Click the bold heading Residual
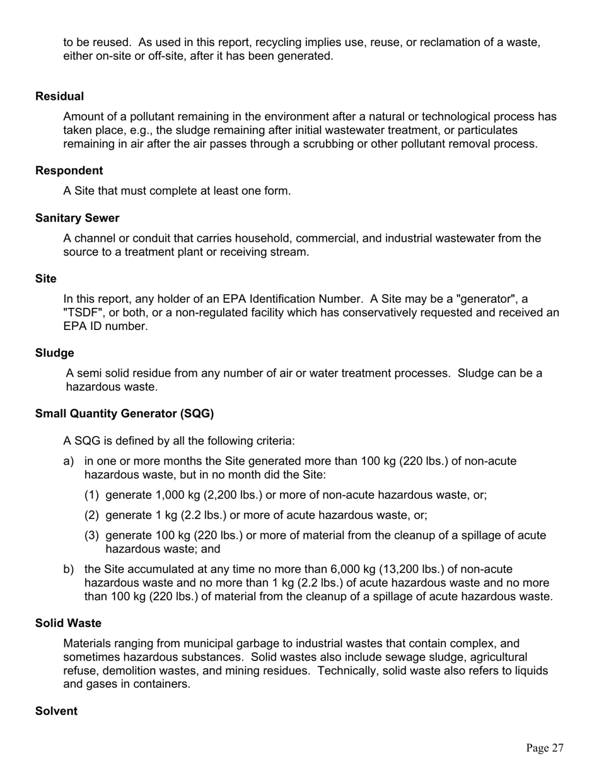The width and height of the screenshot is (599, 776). pyautogui.click(x=59, y=97)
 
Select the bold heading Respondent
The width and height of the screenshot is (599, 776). pyautogui.click(x=69, y=171)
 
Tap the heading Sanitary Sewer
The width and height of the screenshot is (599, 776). pyautogui.click(x=77, y=218)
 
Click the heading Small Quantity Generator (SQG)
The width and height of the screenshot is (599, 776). pyautogui.click(x=124, y=414)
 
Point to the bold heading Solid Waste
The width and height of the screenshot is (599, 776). pyautogui.click(x=68, y=623)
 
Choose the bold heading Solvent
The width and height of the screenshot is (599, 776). pyautogui.click(x=56, y=712)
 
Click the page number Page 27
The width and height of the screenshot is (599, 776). pyautogui.click(x=545, y=748)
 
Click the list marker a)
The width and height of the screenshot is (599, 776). pyautogui.click(x=69, y=461)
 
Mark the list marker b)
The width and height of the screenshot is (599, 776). pyautogui.click(x=69, y=570)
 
